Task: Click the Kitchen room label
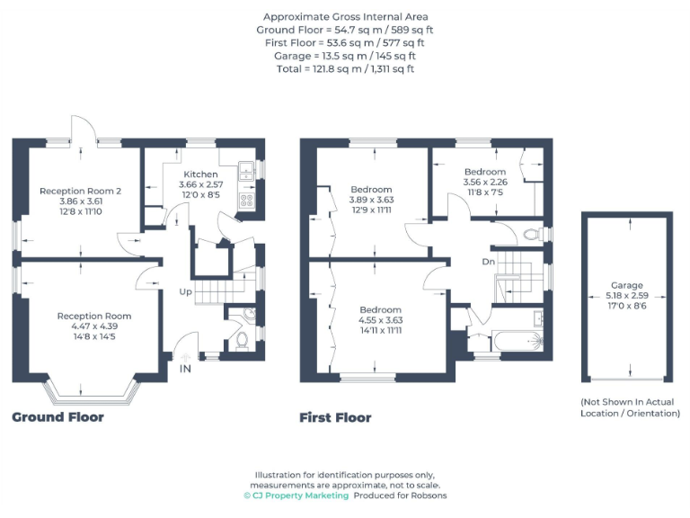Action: (200, 174)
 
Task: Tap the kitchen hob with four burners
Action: (245, 201)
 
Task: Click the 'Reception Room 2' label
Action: (79, 191)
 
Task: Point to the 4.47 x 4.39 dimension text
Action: (93, 326)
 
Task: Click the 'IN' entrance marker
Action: (185, 369)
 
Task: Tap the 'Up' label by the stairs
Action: (186, 291)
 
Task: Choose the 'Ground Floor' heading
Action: (57, 417)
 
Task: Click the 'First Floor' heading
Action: (335, 417)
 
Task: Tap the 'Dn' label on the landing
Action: (488, 262)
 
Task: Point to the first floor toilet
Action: (531, 234)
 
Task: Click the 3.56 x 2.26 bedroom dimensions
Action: (484, 182)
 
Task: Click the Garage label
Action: (627, 285)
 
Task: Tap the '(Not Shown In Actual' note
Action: (627, 402)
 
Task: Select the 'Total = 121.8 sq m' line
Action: (345, 68)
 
